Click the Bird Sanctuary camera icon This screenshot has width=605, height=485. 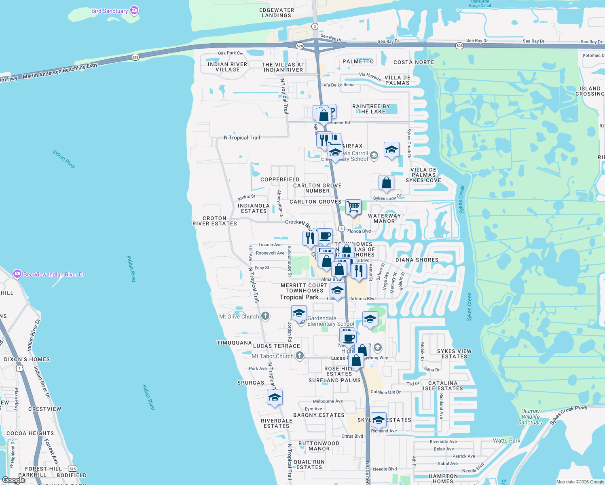click(x=134, y=11)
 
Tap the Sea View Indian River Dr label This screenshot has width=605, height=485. click(x=54, y=274)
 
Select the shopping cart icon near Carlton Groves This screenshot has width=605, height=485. click(x=353, y=207)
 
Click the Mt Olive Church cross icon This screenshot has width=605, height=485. click(x=265, y=316)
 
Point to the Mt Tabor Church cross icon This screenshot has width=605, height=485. click(x=299, y=356)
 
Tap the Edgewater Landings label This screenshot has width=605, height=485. click(x=277, y=13)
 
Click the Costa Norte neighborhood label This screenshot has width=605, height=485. click(x=414, y=62)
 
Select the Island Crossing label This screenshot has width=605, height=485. click(x=590, y=91)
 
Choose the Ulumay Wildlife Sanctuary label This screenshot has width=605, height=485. click(x=530, y=417)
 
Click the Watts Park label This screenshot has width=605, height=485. click(x=506, y=441)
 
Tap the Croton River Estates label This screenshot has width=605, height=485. click(x=215, y=221)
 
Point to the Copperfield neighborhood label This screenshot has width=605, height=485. click(x=280, y=179)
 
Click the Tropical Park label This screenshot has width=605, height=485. click(x=299, y=297)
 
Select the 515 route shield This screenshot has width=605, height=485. click(x=72, y=468)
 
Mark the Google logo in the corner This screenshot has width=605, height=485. click(x=14, y=480)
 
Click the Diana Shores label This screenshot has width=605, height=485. click(x=417, y=260)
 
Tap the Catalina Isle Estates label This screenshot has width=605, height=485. click(x=443, y=386)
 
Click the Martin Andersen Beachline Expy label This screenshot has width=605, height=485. click(x=60, y=71)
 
